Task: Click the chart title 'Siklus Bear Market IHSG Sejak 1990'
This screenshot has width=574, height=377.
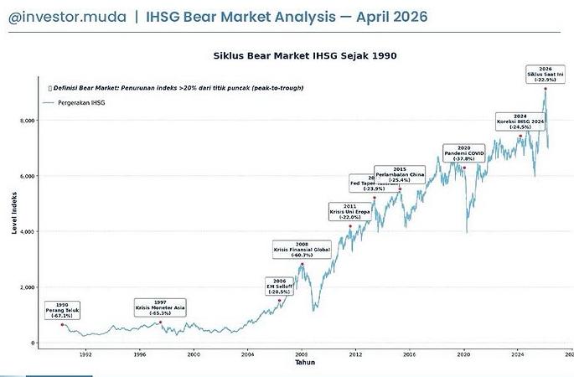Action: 305,55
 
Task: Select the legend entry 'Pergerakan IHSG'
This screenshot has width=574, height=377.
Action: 81,102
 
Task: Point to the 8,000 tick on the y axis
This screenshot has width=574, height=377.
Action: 27,121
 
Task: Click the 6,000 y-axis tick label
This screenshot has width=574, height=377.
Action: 27,176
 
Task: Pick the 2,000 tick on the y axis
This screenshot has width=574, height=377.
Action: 27,287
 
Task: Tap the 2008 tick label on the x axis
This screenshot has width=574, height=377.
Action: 302,354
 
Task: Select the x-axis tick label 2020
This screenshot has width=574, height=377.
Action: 463,354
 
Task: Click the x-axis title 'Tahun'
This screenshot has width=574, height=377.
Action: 305,363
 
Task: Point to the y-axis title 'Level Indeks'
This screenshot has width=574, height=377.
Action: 14,213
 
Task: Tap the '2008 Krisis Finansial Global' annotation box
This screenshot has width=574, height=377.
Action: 302,250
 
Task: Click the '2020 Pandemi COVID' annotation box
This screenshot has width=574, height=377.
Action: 464,154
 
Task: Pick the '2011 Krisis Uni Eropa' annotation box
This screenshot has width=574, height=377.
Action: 349,212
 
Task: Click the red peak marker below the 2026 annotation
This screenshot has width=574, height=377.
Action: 546,88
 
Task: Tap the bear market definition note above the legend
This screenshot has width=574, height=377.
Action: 176,88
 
